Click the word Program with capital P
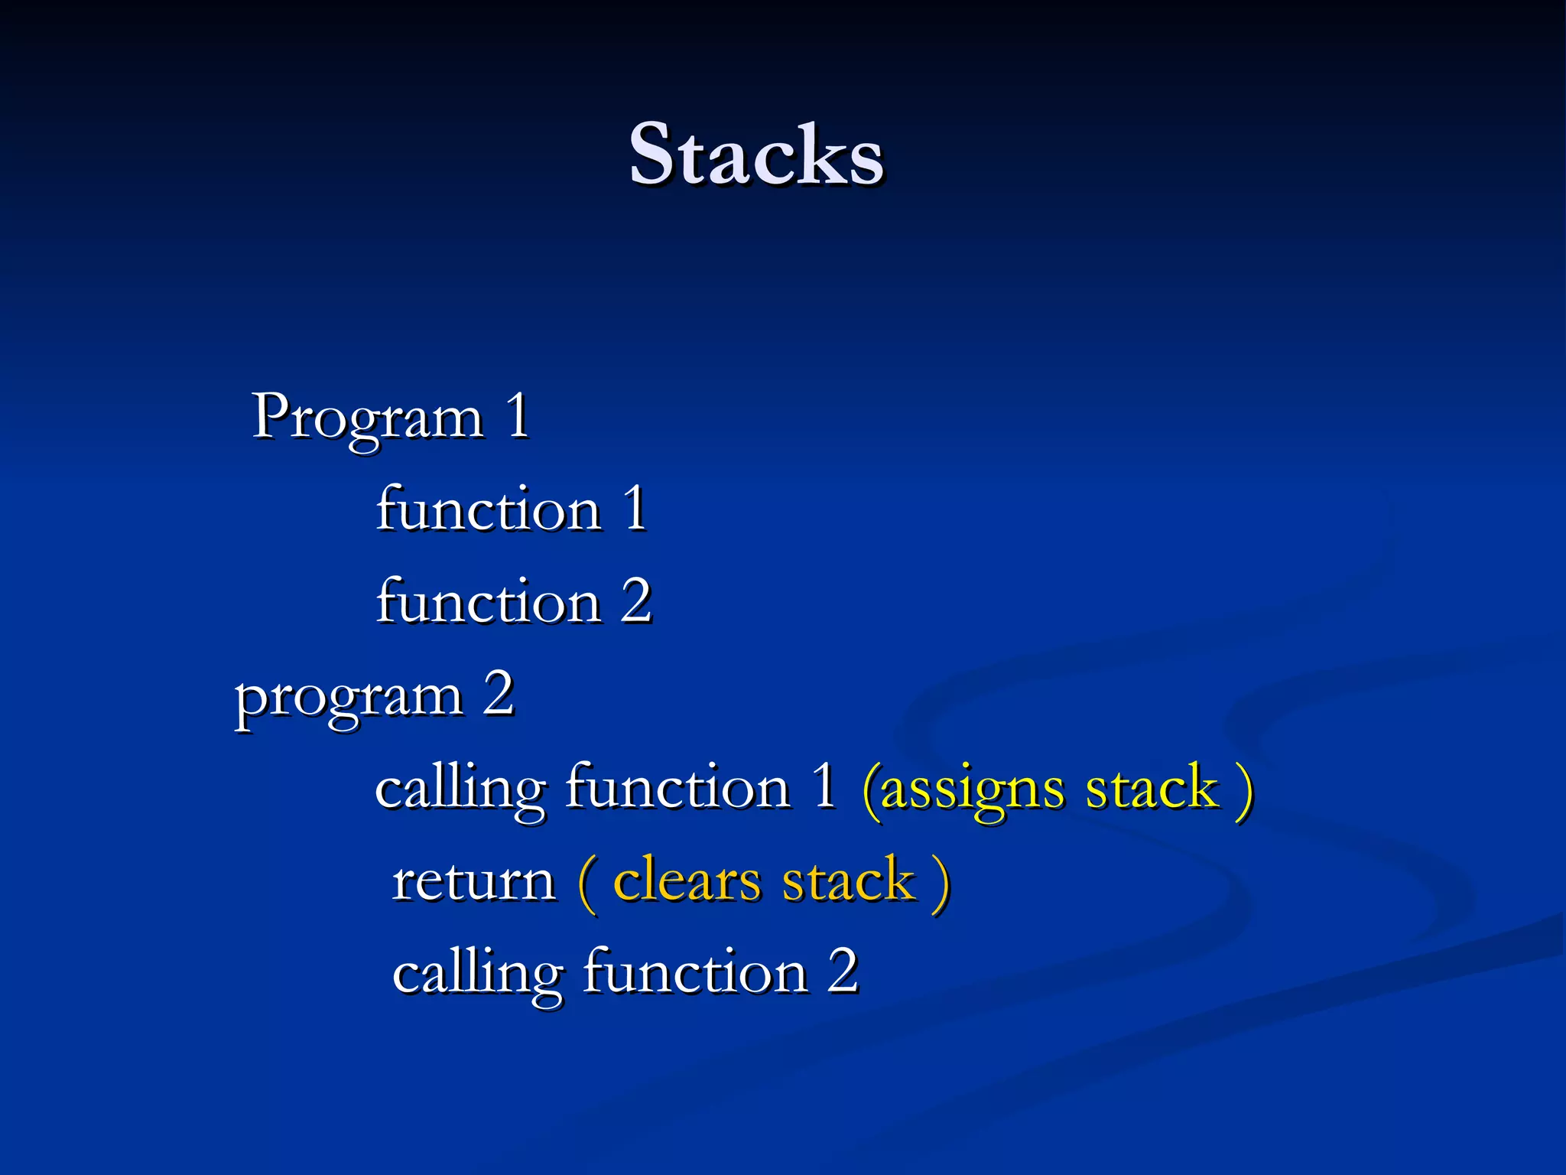point(368,418)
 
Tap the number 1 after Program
point(518,416)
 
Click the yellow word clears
point(687,881)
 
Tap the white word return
point(473,882)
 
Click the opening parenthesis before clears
point(587,883)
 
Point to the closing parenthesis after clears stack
point(941,883)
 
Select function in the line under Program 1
point(489,509)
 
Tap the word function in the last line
point(695,972)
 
